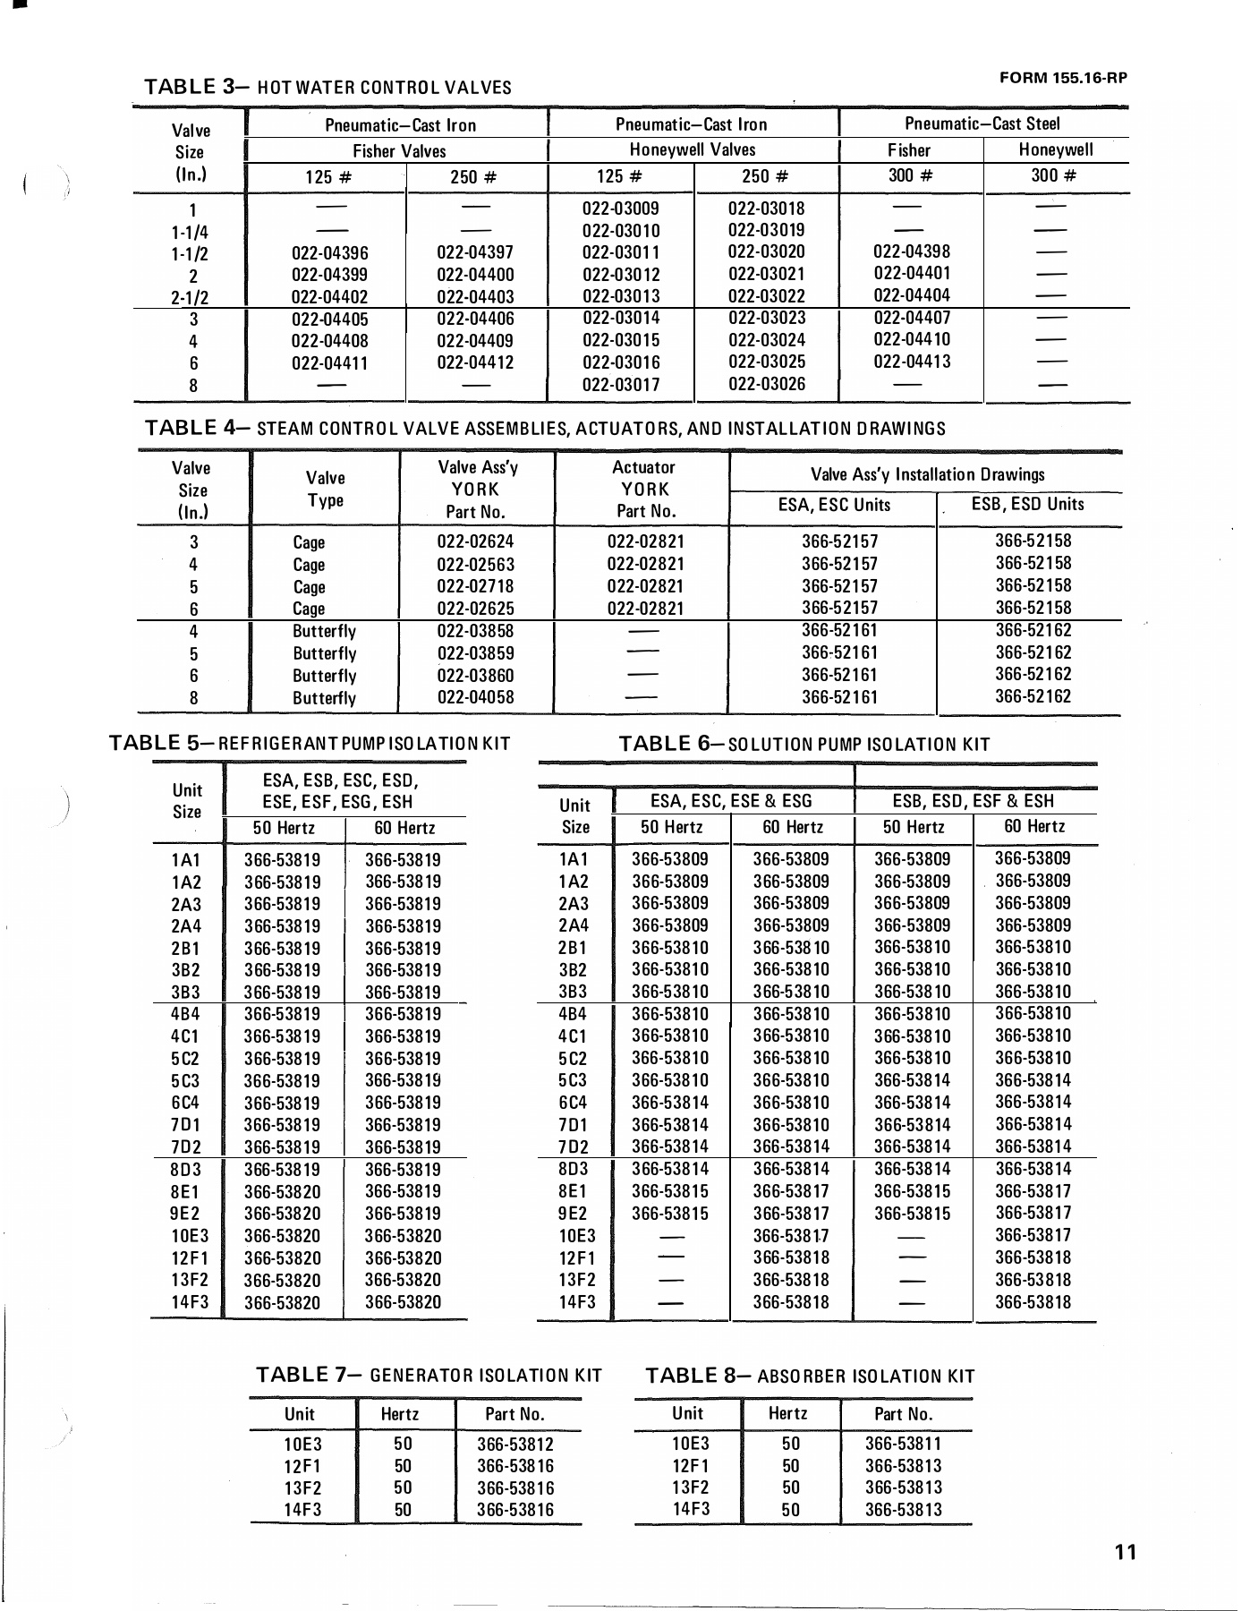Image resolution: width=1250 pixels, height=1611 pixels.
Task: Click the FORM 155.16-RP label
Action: tap(1063, 77)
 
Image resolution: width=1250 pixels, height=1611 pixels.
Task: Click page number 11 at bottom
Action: tap(1126, 1552)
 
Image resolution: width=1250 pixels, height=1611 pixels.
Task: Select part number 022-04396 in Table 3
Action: tap(329, 253)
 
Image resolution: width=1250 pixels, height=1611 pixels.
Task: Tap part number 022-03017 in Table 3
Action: tap(620, 385)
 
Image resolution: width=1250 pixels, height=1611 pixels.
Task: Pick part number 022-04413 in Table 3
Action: tap(912, 362)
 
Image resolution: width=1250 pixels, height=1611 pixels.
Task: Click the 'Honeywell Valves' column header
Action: tap(693, 149)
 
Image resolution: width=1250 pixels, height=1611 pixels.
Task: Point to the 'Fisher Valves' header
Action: tap(398, 151)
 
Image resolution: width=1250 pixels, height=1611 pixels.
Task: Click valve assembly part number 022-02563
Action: tap(475, 565)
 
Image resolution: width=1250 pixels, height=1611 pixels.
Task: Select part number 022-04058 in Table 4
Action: tap(475, 697)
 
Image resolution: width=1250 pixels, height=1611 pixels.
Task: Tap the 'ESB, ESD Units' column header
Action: tap(1027, 505)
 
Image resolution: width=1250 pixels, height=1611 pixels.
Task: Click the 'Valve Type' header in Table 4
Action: tap(325, 489)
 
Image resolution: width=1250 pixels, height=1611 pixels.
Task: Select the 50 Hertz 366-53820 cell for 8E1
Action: tap(282, 1192)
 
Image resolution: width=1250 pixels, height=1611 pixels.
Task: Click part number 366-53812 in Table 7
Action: tap(515, 1445)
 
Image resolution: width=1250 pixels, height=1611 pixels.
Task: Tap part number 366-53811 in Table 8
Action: tap(903, 1444)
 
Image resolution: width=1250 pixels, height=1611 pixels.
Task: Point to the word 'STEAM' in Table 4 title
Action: tap(282, 429)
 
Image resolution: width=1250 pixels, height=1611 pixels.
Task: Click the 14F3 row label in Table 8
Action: tap(690, 1509)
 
